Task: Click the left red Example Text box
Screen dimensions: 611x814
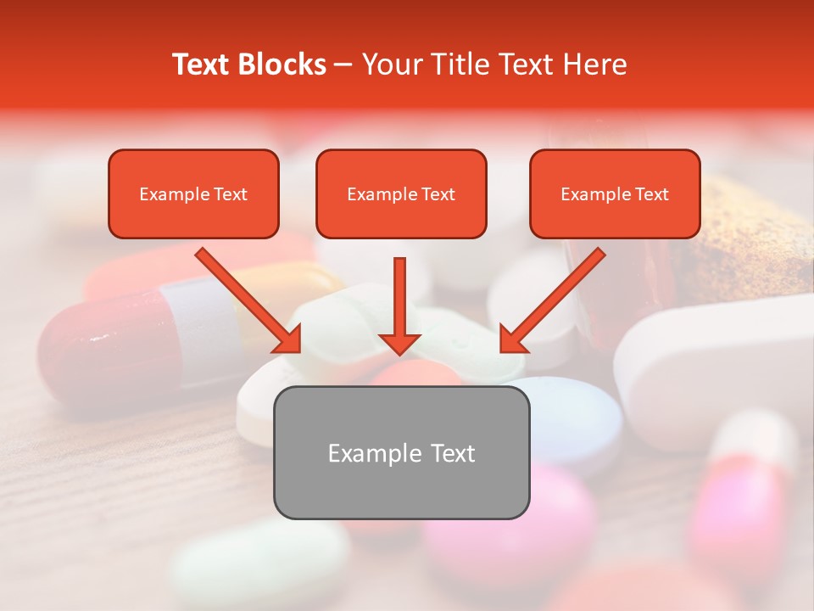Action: point(193,193)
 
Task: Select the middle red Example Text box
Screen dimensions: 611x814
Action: point(401,193)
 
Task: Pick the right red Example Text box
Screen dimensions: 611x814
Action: point(615,193)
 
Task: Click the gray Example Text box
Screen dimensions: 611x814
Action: point(401,452)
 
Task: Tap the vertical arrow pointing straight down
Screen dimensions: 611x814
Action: point(400,305)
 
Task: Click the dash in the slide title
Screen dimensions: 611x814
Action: point(343,64)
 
